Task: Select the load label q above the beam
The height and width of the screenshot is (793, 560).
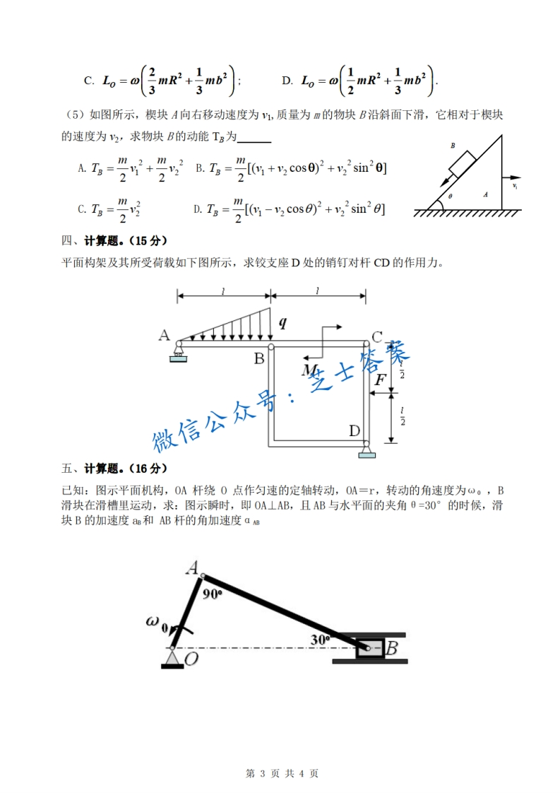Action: (x=282, y=323)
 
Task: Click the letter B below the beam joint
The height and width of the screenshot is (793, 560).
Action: (x=259, y=358)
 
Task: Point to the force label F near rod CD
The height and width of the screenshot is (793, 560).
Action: (x=380, y=380)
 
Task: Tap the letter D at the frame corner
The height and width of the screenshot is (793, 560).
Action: (x=355, y=430)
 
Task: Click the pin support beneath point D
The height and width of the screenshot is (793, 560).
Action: (x=367, y=450)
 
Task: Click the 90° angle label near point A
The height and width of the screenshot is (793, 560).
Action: (x=212, y=594)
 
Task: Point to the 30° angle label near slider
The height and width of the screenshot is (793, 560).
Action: (x=320, y=639)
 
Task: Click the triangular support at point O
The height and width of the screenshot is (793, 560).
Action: (x=172, y=659)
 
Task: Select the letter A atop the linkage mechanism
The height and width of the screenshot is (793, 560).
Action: (x=191, y=567)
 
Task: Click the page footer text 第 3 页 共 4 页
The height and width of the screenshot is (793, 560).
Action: (x=281, y=773)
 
